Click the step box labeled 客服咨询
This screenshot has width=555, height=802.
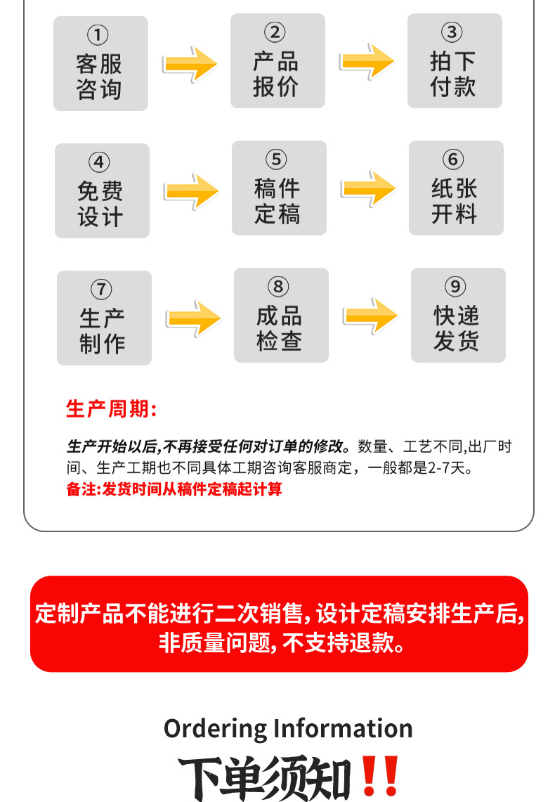100,64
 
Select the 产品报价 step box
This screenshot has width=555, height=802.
277,61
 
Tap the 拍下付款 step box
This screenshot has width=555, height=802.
455,61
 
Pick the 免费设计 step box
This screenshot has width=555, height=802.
102,191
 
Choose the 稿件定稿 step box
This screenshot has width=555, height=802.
279,188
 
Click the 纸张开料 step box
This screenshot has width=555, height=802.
456,188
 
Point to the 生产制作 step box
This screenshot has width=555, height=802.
104,318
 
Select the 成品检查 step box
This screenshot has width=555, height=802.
281,316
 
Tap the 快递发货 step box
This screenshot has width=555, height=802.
458,316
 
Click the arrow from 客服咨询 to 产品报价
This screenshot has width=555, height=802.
190,64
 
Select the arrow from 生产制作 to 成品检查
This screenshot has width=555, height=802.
193,318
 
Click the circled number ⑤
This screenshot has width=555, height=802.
277,160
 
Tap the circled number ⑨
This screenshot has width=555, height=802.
456,287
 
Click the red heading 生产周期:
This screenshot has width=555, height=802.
111,408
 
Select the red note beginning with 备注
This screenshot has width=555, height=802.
174,489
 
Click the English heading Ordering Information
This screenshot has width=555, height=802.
288,728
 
